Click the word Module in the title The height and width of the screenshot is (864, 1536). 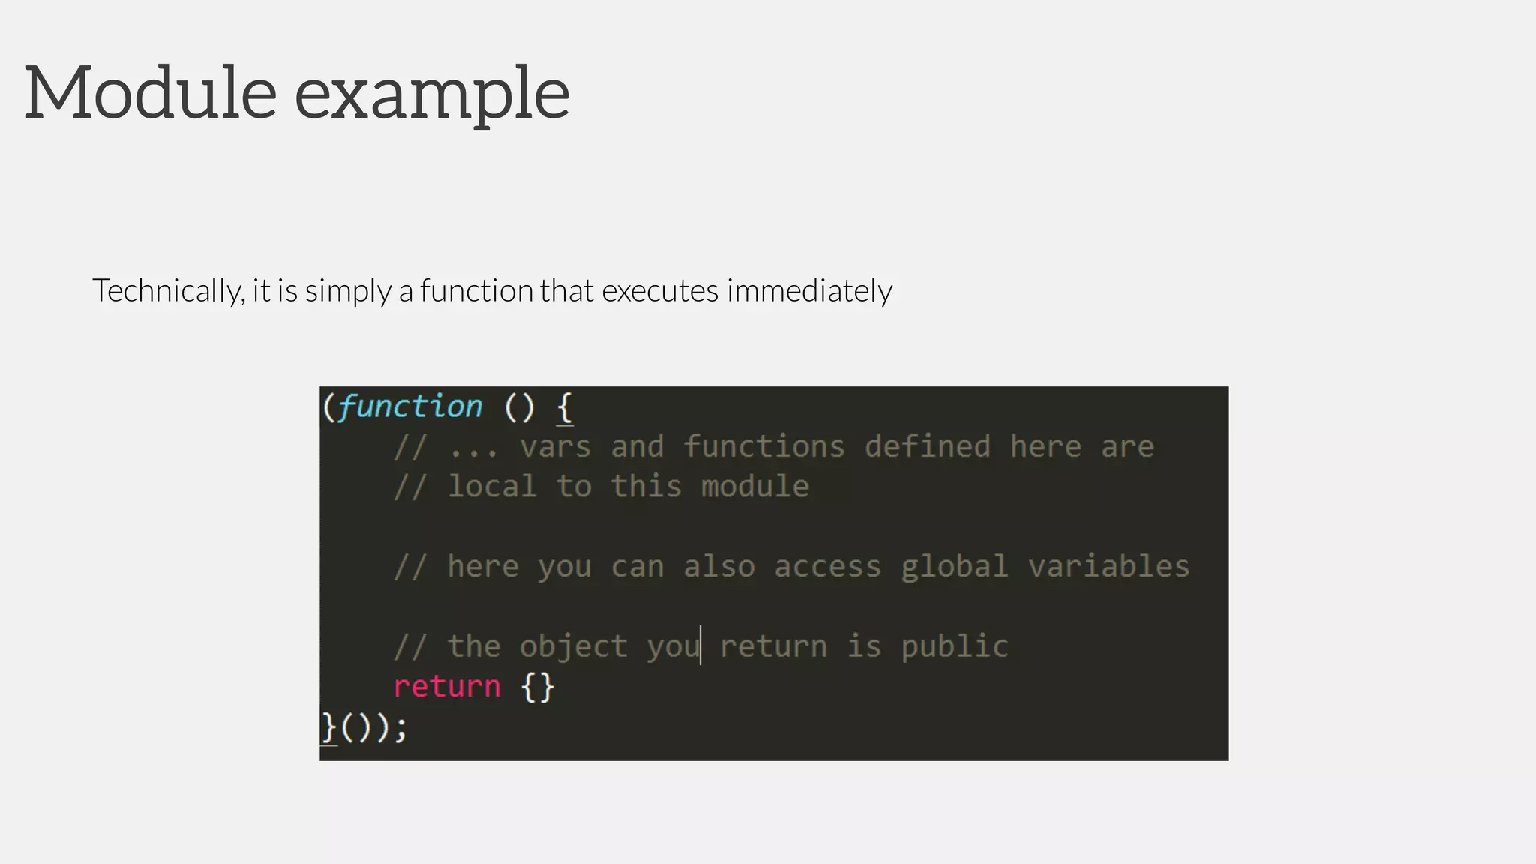click(151, 93)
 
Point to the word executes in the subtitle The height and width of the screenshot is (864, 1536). click(660, 291)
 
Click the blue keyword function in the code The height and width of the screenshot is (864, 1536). click(410, 407)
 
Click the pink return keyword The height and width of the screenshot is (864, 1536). click(447, 687)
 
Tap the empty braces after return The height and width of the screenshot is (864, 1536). click(538, 687)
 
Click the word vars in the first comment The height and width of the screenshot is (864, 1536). click(555, 447)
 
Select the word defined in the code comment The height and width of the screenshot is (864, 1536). click(928, 447)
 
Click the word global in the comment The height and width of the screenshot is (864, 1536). click(954, 567)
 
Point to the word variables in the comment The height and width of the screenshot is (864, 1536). click(1108, 567)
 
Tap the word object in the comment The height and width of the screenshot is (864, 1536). click(573, 647)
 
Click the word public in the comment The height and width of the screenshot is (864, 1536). click(955, 647)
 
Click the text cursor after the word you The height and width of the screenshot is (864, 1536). click(700, 646)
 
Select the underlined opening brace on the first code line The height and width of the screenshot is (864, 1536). click(565, 409)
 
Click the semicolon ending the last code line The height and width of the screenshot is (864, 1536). click(400, 727)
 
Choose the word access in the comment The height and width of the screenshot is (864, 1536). click(827, 567)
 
